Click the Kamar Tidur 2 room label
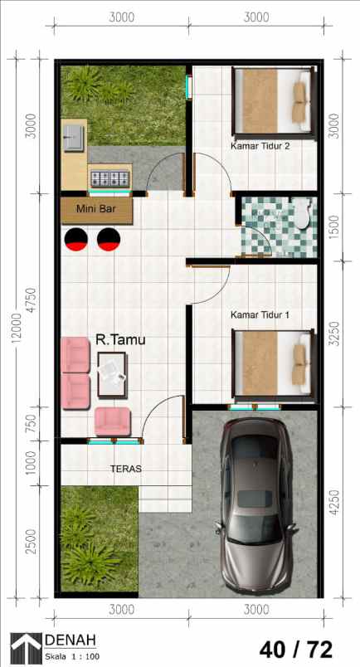(260, 147)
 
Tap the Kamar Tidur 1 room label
(260, 314)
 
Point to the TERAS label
(126, 469)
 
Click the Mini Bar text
(96, 209)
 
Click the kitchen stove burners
(109, 177)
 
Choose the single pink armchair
(112, 420)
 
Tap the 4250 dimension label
(334, 503)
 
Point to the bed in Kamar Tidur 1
(274, 363)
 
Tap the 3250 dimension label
(334, 334)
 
